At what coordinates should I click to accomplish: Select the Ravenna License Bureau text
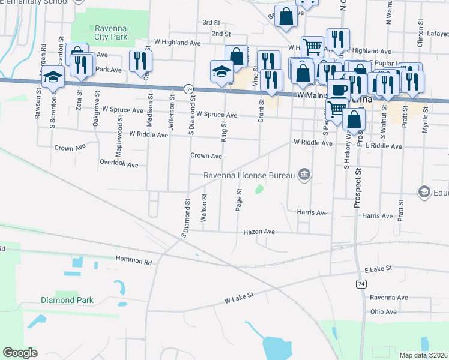click(x=249, y=175)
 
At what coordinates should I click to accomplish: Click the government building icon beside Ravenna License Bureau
click(x=304, y=175)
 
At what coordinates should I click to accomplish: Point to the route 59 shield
click(x=188, y=88)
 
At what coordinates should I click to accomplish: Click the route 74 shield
click(x=360, y=283)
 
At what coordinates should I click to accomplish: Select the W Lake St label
click(x=240, y=295)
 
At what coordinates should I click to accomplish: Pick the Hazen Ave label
click(x=259, y=232)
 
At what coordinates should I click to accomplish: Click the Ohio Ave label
click(x=383, y=312)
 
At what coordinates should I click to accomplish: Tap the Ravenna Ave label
click(x=388, y=298)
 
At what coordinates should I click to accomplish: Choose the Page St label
click(x=239, y=200)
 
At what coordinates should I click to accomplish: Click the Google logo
click(x=20, y=353)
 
